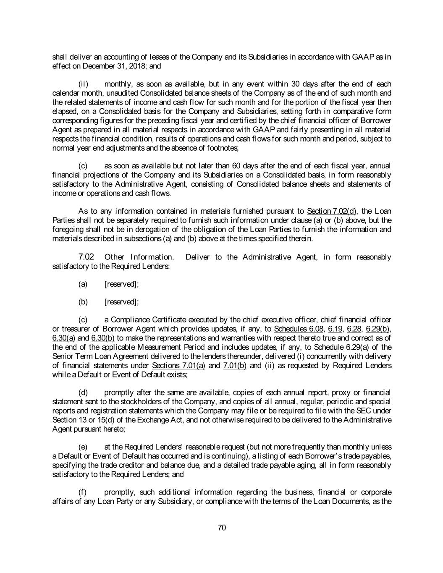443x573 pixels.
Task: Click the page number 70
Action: click(222, 528)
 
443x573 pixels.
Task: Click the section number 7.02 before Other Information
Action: click(86, 256)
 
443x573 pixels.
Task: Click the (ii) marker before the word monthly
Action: click(83, 84)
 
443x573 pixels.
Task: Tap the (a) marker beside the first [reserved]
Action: click(83, 284)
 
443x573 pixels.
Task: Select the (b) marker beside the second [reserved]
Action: click(83, 302)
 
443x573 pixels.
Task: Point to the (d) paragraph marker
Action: click(83, 392)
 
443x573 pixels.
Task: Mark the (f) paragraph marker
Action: click(83, 492)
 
